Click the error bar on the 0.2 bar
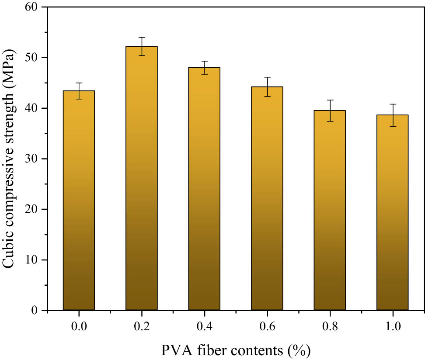click(141, 46)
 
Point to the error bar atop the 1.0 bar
click(392, 115)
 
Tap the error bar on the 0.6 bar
click(267, 87)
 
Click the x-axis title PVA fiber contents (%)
click(236, 350)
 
